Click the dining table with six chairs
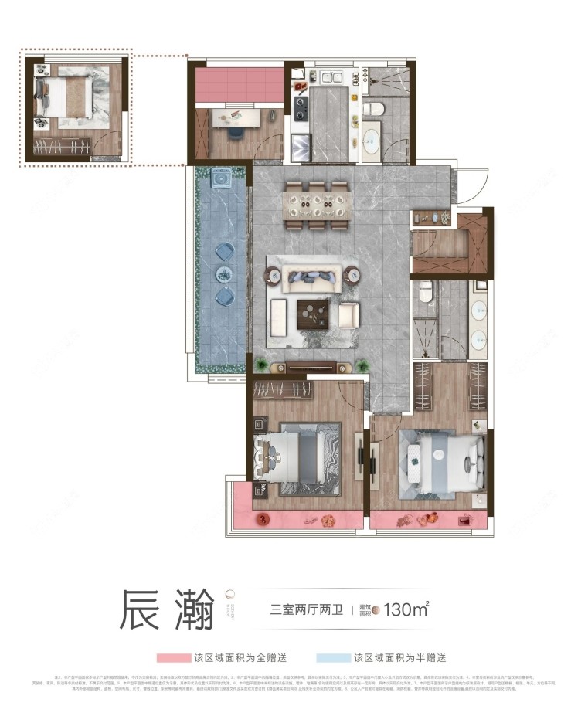pyautogui.click(x=317, y=205)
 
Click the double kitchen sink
pyautogui.click(x=331, y=78)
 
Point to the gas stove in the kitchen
pyautogui.click(x=299, y=105)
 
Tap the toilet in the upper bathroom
pyautogui.click(x=371, y=108)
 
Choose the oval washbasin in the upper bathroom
pyautogui.click(x=372, y=139)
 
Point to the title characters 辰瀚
pyautogui.click(x=165, y=609)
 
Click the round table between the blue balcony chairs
pyautogui.click(x=223, y=273)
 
